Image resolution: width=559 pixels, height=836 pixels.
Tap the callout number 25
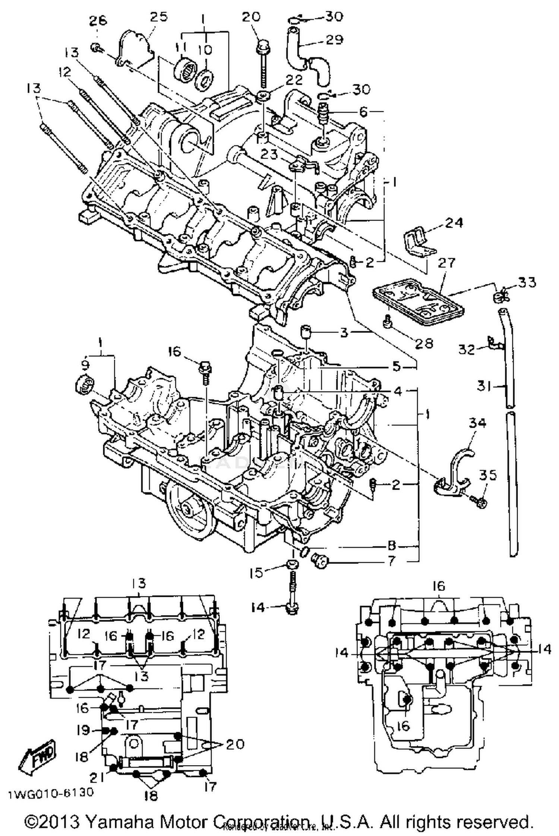[x=159, y=16]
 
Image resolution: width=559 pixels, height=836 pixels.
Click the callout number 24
[x=454, y=223]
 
